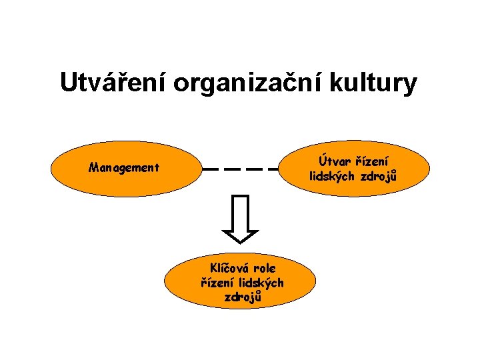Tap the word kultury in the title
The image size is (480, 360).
(x=376, y=83)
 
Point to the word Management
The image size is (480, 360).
(x=124, y=168)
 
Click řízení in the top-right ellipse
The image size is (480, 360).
(x=373, y=161)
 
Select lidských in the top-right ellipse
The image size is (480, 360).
(x=333, y=177)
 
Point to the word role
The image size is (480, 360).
(x=263, y=268)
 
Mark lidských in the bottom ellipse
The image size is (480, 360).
(x=261, y=283)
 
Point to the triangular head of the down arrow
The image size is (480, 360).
(x=240, y=235)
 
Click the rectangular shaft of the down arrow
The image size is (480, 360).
(x=240, y=212)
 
